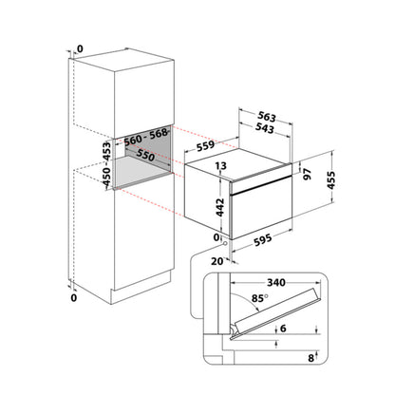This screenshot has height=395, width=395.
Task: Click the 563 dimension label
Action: (267, 117)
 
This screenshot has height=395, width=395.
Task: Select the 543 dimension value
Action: (264, 128)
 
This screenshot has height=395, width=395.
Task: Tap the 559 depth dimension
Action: (205, 146)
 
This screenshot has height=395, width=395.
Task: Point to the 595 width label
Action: (262, 239)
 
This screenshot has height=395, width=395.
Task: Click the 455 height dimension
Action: (330, 180)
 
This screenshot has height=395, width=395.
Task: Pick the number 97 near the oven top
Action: (307, 174)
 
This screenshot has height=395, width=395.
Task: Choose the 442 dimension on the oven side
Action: (219, 207)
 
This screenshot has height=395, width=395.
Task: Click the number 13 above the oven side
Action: (221, 165)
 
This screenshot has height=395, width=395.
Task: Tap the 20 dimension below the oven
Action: (217, 261)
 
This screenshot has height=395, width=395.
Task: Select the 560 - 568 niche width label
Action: (146, 137)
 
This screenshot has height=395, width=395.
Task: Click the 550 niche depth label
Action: (145, 155)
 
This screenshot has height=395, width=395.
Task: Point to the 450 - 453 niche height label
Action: (106, 164)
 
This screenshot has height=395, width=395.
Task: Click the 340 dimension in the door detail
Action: (276, 282)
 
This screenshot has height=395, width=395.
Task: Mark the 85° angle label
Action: (259, 298)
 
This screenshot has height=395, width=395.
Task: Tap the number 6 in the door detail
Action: (283, 329)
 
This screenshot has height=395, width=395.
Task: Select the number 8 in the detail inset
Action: (310, 358)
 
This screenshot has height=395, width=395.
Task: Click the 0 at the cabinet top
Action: (80, 48)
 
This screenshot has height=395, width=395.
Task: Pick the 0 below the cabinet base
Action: (73, 298)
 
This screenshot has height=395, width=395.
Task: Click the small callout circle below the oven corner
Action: (225, 244)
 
